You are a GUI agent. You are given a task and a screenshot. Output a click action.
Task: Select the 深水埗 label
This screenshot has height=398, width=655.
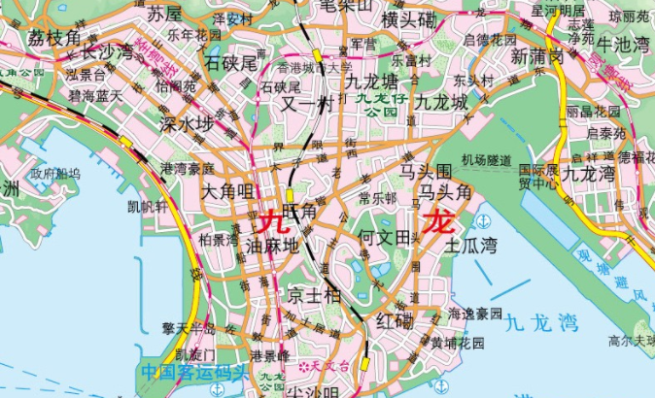coord(186,124)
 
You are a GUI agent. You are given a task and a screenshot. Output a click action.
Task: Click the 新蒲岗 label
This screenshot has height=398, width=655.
coord(537,55)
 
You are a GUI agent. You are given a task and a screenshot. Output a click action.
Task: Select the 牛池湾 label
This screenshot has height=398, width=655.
coord(623,45)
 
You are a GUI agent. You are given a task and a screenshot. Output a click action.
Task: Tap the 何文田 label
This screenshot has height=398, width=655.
coord(386,236)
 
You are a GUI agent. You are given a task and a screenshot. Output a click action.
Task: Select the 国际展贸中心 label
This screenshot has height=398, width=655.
coord(537,175)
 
